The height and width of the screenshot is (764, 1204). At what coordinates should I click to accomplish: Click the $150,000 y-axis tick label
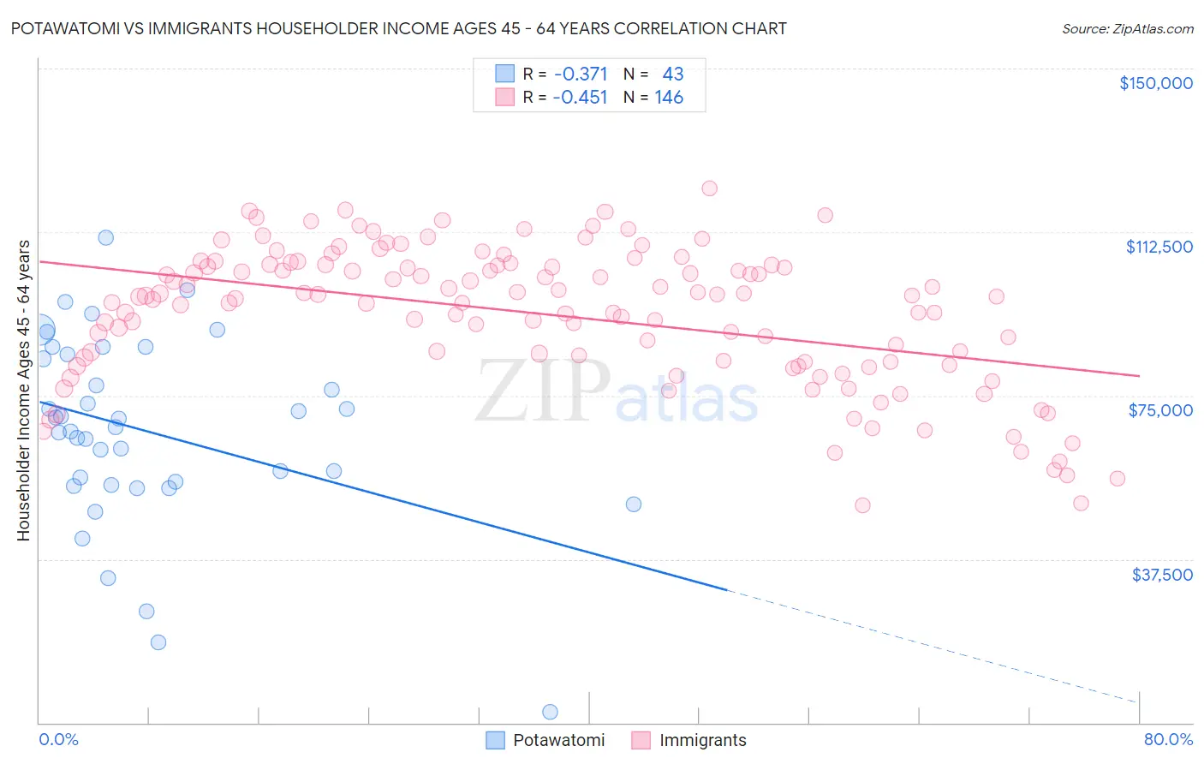coord(1155,83)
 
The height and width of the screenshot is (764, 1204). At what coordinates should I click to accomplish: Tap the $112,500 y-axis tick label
coord(1159,247)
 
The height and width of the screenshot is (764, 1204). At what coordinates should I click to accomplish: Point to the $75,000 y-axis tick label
coord(1160,410)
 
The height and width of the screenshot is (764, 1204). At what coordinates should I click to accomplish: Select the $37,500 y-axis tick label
coord(1162,575)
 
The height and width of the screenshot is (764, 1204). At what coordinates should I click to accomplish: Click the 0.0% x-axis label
coord(58,739)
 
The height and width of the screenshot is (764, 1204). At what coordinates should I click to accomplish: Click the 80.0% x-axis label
coord(1168,739)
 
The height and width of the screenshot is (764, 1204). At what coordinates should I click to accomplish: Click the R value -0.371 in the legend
coord(580,75)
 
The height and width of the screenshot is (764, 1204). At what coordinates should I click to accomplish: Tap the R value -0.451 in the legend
coord(580,98)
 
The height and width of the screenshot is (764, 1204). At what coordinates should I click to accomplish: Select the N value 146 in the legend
coord(669,98)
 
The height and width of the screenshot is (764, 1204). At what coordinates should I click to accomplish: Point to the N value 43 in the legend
coord(673,75)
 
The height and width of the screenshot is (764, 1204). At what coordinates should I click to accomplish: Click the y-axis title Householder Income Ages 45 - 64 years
coord(23,391)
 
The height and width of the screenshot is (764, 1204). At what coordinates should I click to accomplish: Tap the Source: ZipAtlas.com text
coord(1127,28)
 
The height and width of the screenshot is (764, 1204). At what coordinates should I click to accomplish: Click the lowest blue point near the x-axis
coord(550,712)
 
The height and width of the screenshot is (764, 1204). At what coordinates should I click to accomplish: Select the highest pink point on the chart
coord(709,188)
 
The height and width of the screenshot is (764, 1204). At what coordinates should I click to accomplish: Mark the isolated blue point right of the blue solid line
coord(633,504)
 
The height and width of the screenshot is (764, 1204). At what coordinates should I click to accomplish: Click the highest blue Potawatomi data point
coord(106,237)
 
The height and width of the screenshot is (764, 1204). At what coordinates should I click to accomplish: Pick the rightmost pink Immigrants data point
coord(1117,479)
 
